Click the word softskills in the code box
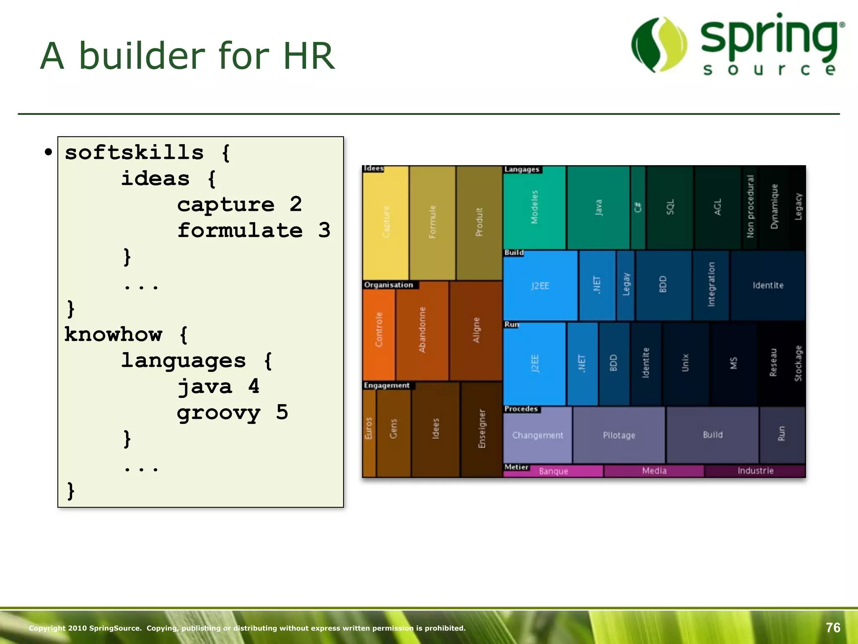click(134, 153)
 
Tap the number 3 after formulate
click(324, 230)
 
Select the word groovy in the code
click(218, 413)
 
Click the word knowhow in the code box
click(113, 335)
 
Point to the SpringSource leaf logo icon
click(659, 44)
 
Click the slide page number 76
click(833, 628)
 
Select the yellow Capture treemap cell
click(385, 222)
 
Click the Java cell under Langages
click(598, 208)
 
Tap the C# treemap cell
click(638, 208)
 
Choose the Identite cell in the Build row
click(768, 286)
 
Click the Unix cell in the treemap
click(685, 363)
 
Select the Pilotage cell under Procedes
click(619, 435)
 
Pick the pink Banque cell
click(553, 471)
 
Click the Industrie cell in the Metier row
click(755, 471)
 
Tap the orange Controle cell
click(379, 330)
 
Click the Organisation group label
click(388, 285)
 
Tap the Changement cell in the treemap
click(538, 435)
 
